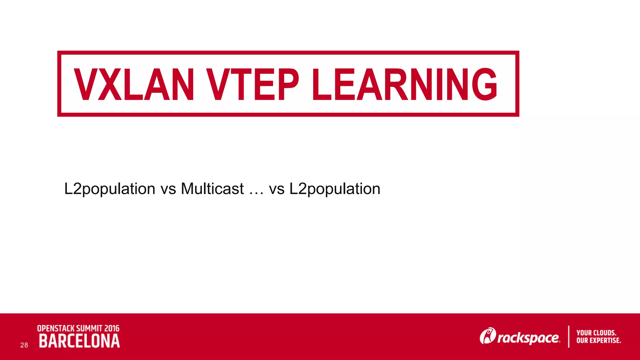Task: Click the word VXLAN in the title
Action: (x=134, y=84)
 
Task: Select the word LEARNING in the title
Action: (x=404, y=84)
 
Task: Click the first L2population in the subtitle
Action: (x=110, y=189)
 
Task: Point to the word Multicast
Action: (x=212, y=189)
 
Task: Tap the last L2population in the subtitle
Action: (x=335, y=189)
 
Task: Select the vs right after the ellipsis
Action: (x=277, y=190)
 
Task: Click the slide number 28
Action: (x=24, y=345)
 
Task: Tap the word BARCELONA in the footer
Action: (x=79, y=341)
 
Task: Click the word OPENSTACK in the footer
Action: (x=56, y=328)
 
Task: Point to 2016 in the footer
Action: (x=112, y=328)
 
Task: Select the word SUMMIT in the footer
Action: (x=89, y=328)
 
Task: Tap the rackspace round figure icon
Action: (x=488, y=336)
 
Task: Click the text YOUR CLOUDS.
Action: (x=596, y=333)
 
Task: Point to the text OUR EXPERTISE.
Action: (x=599, y=341)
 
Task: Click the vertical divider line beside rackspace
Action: (x=568, y=337)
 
